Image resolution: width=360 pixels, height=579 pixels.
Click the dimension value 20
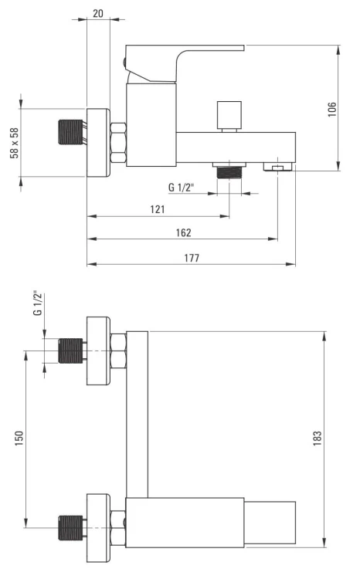(x=98, y=13)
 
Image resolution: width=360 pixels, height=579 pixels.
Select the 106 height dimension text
(x=332, y=110)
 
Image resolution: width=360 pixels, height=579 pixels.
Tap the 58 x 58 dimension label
(x=15, y=143)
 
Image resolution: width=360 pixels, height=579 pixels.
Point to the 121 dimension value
(x=158, y=209)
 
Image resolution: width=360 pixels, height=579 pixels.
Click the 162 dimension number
(x=183, y=232)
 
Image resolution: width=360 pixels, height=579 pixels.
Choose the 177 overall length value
(x=192, y=258)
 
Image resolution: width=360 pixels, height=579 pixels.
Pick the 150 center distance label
(x=19, y=438)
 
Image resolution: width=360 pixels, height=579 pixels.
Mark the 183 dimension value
(x=318, y=438)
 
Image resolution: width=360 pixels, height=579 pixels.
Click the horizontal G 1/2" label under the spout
(x=181, y=188)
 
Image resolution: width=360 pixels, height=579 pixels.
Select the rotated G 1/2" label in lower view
(x=38, y=303)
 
